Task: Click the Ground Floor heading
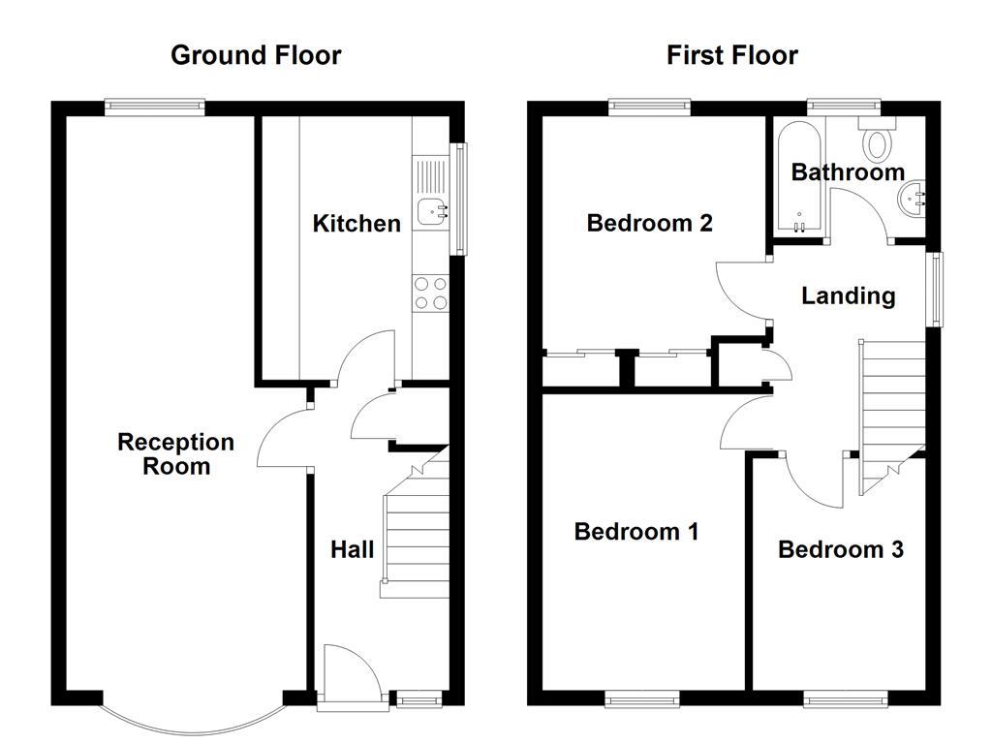pyautogui.click(x=256, y=55)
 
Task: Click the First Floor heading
pyautogui.click(x=731, y=55)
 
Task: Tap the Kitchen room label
pyautogui.click(x=356, y=224)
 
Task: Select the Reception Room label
pyautogui.click(x=176, y=453)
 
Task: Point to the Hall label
pyautogui.click(x=352, y=550)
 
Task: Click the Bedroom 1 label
pyautogui.click(x=636, y=531)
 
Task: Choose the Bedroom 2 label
pyautogui.click(x=649, y=223)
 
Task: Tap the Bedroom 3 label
pyautogui.click(x=840, y=549)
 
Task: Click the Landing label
pyautogui.click(x=848, y=295)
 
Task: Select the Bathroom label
pyautogui.click(x=848, y=172)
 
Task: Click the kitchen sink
pyautogui.click(x=432, y=206)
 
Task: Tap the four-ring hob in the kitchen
pyautogui.click(x=431, y=293)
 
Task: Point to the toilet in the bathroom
pyautogui.click(x=879, y=141)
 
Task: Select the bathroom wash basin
pyautogui.click(x=914, y=198)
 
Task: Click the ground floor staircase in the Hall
pyautogui.click(x=417, y=528)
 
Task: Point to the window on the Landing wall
pyautogui.click(x=936, y=290)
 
